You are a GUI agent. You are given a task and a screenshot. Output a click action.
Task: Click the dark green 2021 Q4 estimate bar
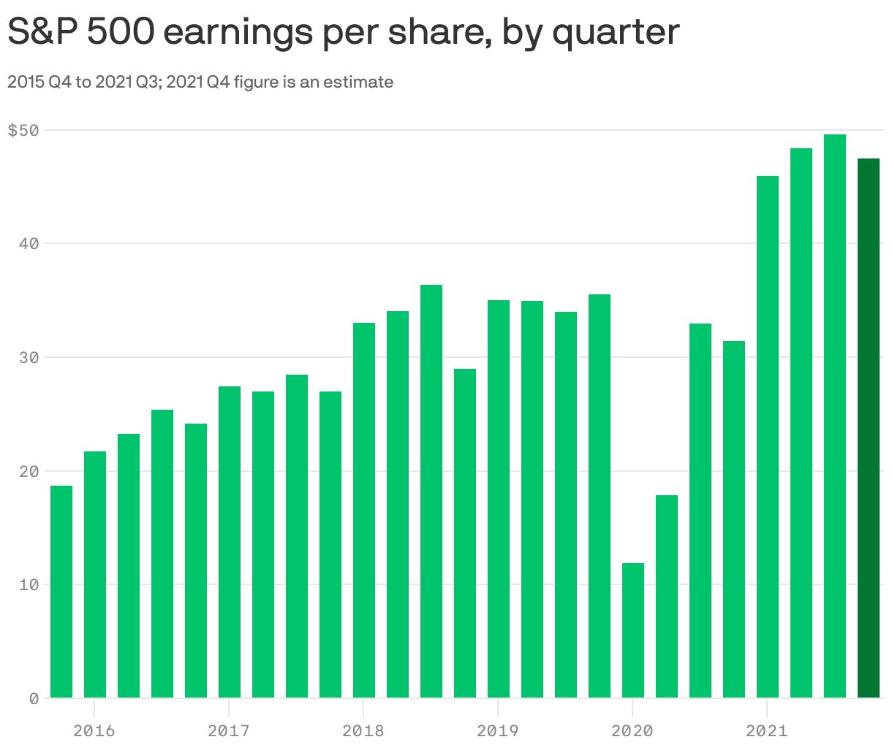(868, 428)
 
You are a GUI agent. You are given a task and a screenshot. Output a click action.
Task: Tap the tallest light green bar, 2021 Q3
(834, 416)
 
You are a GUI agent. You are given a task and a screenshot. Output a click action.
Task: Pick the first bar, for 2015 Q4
(61, 592)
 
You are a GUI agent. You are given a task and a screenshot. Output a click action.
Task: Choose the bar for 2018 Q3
(431, 491)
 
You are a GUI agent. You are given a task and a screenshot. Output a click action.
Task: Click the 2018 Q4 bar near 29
(465, 533)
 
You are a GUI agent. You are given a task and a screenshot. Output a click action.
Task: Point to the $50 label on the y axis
(23, 131)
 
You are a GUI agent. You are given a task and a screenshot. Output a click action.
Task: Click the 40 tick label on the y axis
(28, 243)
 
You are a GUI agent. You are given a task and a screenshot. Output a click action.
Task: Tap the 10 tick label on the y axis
(28, 584)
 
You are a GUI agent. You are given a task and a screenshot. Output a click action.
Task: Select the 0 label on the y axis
(34, 698)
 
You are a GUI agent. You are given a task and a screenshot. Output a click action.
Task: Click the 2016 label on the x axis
(94, 730)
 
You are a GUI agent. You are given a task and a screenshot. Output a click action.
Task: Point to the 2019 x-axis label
(498, 730)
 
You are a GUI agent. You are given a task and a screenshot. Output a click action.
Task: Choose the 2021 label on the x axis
(767, 730)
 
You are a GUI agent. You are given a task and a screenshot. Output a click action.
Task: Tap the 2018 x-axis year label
(363, 730)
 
